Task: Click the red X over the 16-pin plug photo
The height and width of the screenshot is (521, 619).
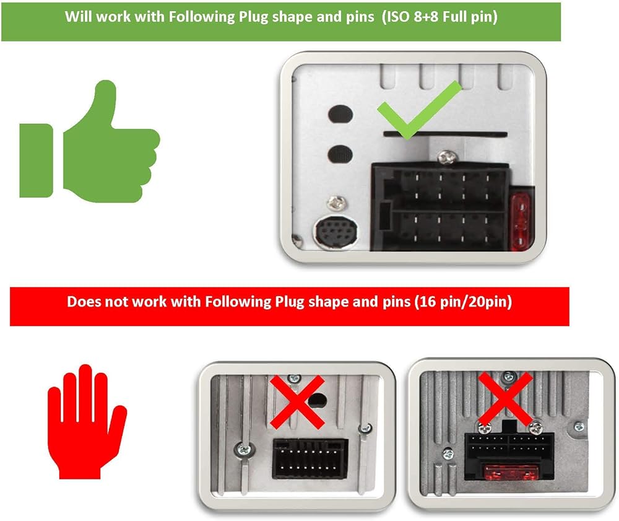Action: (297, 402)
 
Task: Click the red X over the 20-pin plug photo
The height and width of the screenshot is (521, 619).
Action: (505, 400)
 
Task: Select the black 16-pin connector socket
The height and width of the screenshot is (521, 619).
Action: (310, 458)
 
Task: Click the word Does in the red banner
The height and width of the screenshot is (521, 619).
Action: (82, 302)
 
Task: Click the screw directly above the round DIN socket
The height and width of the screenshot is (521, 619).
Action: (336, 203)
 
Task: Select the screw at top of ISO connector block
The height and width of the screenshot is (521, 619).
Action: (446, 157)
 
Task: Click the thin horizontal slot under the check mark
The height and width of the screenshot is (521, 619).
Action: (445, 134)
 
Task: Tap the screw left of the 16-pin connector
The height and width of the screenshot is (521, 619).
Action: (243, 449)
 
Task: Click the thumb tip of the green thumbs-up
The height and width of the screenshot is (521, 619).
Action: (105, 85)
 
